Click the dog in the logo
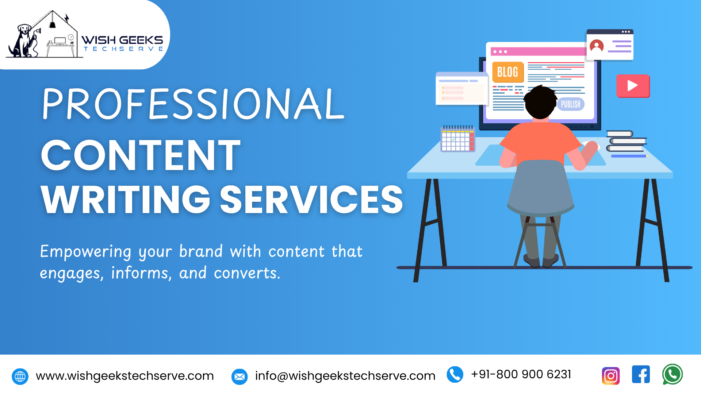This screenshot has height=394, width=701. point(23,41)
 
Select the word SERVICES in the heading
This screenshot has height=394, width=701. point(311,199)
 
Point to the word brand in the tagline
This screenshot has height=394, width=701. point(201,251)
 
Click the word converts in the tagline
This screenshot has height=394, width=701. point(247,273)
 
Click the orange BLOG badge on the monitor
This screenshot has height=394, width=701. point(508,72)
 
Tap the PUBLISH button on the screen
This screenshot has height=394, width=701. point(571,104)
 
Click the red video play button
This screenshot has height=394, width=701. point(633,86)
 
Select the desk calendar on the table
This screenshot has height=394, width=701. point(458,138)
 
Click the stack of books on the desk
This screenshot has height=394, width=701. point(627,143)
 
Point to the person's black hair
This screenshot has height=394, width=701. point(541,101)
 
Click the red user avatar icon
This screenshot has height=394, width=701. point(597,46)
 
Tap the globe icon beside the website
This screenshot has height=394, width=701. point(20,376)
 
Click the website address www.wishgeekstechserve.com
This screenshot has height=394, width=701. point(125,376)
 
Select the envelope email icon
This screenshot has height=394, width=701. point(240,376)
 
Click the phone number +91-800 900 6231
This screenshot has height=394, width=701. point(521,374)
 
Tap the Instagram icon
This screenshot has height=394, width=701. point(611,376)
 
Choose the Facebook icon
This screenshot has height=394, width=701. point(641,374)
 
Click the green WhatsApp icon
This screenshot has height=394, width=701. point(673,374)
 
